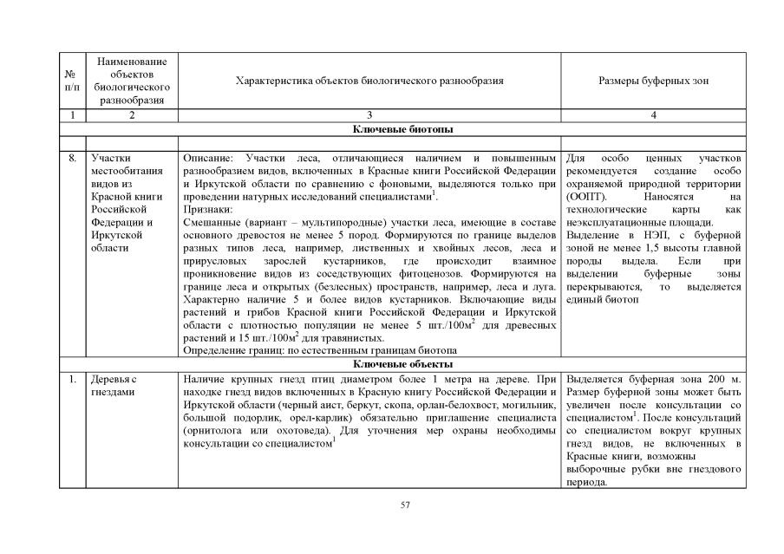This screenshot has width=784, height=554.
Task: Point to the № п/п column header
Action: [72, 81]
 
